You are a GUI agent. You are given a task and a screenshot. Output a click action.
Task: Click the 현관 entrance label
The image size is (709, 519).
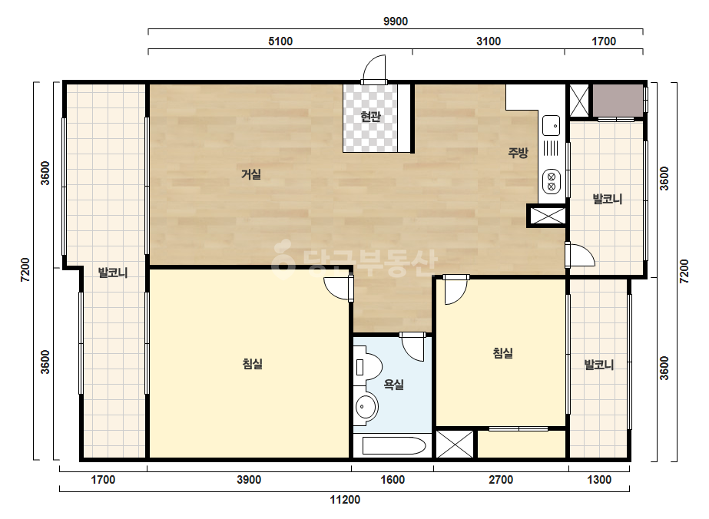(371, 117)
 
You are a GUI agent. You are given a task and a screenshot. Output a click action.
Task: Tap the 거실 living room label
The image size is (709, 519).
(251, 174)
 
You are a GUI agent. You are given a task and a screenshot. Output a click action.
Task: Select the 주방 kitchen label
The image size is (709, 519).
(518, 152)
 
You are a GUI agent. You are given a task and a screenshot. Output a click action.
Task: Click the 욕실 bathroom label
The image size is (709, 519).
(393, 385)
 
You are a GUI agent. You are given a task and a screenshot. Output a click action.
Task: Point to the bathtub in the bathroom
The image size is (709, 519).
(394, 446)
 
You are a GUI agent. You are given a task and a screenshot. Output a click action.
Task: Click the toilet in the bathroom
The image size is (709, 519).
(367, 366)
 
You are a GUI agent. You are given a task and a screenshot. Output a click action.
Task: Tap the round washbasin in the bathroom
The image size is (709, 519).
(366, 407)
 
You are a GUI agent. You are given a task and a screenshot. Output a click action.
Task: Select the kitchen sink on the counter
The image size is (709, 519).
(552, 125)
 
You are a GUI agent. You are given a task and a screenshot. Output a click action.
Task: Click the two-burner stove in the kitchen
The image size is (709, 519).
(552, 181)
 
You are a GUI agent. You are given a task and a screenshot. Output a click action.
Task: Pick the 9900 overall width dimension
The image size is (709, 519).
(396, 21)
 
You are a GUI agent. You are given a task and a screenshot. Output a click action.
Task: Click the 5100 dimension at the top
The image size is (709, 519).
(280, 41)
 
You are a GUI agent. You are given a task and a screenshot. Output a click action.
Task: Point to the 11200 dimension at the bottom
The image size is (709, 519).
(345, 500)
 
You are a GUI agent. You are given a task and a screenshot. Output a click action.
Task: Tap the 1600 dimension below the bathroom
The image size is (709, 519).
(393, 480)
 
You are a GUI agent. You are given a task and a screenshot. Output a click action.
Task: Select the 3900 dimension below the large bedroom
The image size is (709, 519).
(249, 480)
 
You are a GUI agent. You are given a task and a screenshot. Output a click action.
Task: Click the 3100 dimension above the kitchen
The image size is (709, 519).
(489, 41)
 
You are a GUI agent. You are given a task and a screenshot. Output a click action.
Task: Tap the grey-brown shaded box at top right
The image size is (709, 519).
(618, 101)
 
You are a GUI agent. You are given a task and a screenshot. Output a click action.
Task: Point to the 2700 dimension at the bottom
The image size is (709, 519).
(501, 480)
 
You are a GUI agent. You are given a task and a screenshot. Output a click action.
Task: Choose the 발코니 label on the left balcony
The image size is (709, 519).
(113, 273)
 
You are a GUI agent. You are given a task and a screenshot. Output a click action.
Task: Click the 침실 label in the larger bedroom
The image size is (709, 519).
(253, 363)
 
